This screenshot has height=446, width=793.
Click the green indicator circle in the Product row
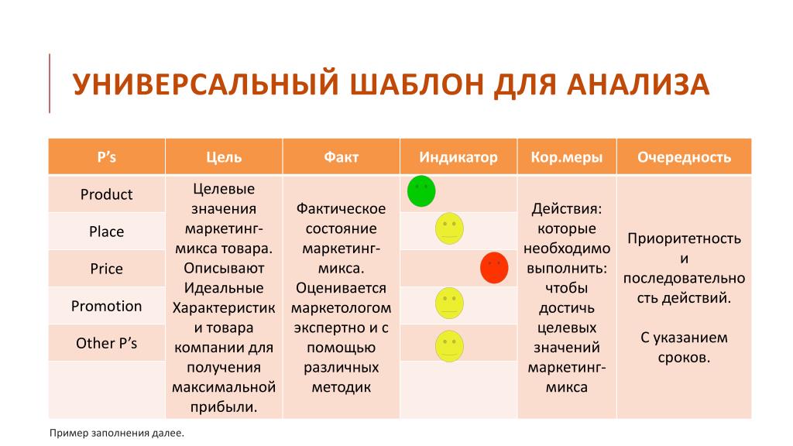(421, 191)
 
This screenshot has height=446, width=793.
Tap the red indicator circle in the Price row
(494, 268)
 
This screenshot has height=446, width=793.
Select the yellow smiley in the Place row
(450, 228)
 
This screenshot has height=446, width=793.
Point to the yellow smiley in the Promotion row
(450, 304)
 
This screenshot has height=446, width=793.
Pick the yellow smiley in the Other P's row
(450, 346)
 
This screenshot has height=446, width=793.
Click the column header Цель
(224, 157)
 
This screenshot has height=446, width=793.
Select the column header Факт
(342, 157)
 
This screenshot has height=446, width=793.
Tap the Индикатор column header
(458, 157)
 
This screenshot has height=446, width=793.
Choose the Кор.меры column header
(566, 157)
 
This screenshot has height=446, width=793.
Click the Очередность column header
(685, 157)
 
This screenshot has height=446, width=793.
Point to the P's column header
(107, 157)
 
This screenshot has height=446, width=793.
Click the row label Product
(107, 194)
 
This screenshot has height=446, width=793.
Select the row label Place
(107, 232)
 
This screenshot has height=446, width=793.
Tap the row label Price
(107, 269)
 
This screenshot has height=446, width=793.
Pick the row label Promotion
(107, 306)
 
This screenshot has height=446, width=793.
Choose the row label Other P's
(107, 343)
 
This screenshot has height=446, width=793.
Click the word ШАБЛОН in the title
(417, 84)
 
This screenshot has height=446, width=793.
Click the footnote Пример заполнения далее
(117, 434)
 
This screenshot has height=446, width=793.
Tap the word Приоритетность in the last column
(685, 238)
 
